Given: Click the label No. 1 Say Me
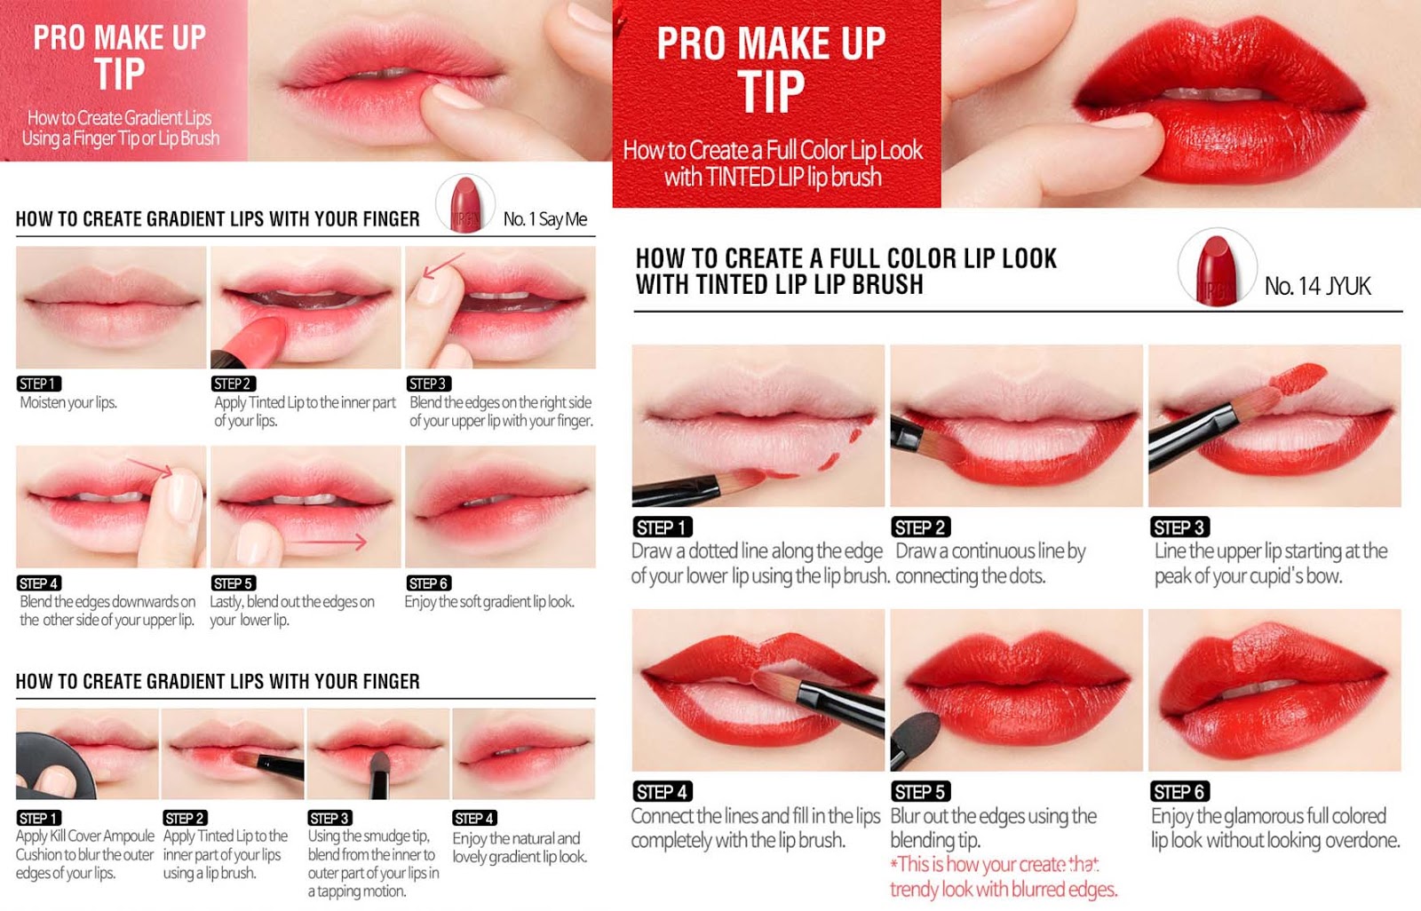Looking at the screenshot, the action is pyautogui.click(x=545, y=218).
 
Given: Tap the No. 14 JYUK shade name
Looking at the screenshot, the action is pyautogui.click(x=1318, y=286).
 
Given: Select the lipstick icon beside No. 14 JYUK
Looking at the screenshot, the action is pyautogui.click(x=1217, y=269).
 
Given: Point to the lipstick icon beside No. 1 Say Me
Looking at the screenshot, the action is pyautogui.click(x=465, y=204).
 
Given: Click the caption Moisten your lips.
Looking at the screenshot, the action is pyautogui.click(x=68, y=402).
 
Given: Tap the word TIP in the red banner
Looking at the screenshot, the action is pyautogui.click(x=772, y=92).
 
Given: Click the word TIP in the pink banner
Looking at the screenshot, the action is pyautogui.click(x=120, y=74).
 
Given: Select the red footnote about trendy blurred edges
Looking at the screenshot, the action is pyautogui.click(x=1003, y=876).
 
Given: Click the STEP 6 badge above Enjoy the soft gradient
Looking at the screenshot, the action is pyautogui.click(x=428, y=583).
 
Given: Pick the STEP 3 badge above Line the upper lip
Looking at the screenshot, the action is pyautogui.click(x=1180, y=527).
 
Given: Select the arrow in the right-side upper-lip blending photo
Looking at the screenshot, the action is pyautogui.click(x=443, y=265).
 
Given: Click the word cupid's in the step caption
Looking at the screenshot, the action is pyautogui.click(x=1309, y=576).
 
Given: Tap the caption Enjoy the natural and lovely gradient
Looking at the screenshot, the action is pyautogui.click(x=520, y=848).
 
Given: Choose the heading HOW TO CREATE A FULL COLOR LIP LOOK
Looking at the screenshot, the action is pyautogui.click(x=846, y=259).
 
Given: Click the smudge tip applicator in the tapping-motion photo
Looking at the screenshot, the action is pyautogui.click(x=379, y=774).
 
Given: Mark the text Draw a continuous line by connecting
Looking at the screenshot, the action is pyautogui.click(x=990, y=563).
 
